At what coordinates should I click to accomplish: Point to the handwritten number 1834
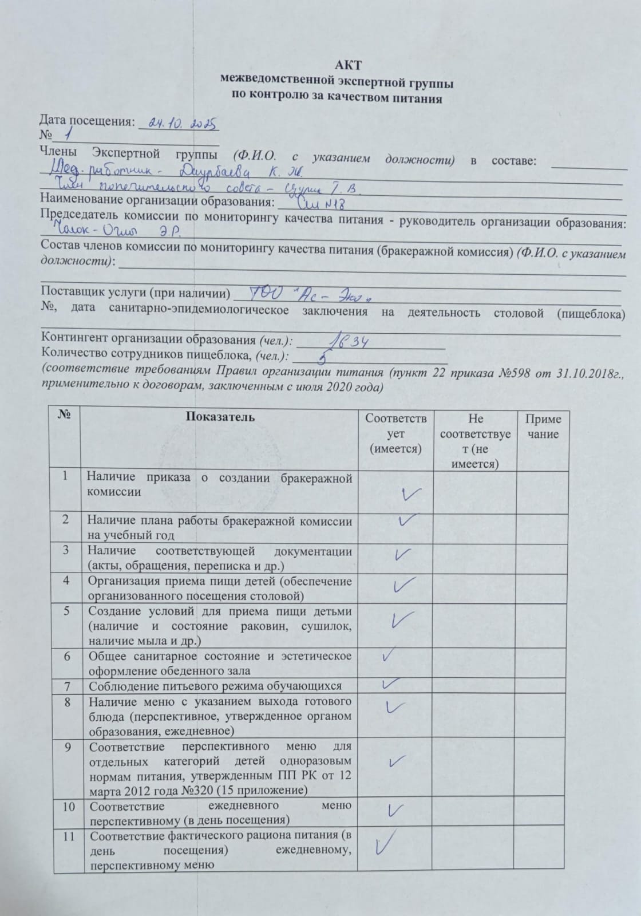[346, 341]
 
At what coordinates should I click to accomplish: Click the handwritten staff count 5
[323, 359]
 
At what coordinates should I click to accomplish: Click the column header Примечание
[543, 427]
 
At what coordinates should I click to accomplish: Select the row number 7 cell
[67, 686]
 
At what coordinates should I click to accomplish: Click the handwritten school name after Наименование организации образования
[321, 202]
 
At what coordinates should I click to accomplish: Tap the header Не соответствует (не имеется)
[475, 441]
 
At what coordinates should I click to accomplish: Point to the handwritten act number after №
[69, 135]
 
